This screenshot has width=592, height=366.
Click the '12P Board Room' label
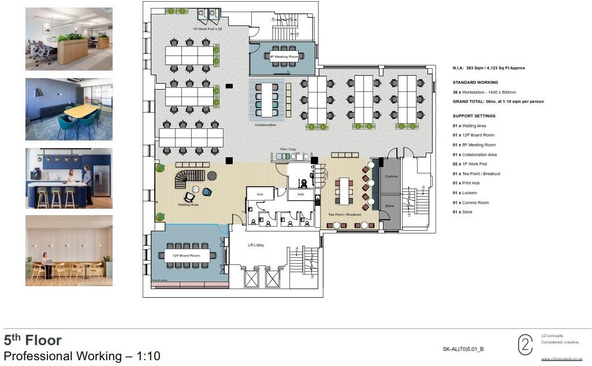(186, 255)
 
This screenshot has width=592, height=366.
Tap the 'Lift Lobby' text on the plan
(256, 245)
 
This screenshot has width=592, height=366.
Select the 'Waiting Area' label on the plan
(188, 204)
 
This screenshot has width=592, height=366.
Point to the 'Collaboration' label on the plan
(266, 125)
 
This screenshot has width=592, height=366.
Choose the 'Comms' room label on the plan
(391, 176)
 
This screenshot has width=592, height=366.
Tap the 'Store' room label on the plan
(389, 205)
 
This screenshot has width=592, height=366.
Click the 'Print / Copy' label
(288, 149)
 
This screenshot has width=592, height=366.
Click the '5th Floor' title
(32, 340)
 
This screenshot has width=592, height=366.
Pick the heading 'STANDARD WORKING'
(475, 83)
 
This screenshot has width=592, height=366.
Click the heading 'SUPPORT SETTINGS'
(474, 116)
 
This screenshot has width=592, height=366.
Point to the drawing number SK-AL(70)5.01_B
(463, 349)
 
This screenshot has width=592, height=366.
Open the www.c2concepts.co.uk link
(561, 359)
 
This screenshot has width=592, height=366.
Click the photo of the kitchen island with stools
(69, 178)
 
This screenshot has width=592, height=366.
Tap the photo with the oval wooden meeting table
(69, 109)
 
